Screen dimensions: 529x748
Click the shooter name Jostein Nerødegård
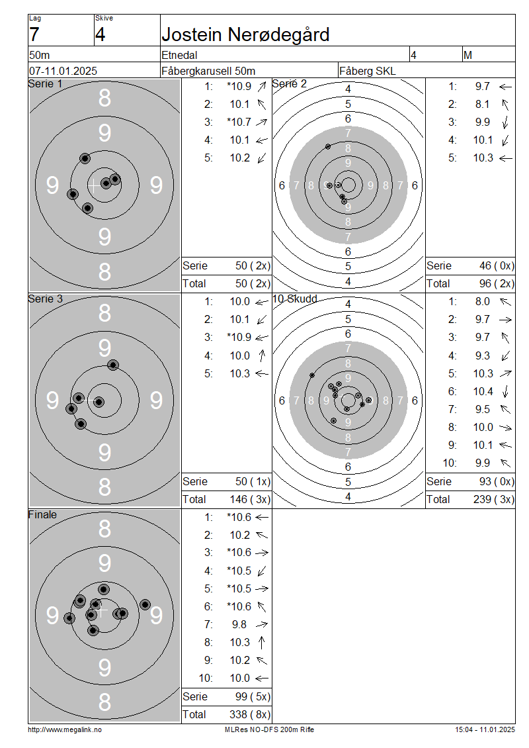pyautogui.click(x=245, y=35)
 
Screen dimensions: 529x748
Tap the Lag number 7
pyautogui.click(x=34, y=35)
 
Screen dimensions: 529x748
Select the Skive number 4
pyautogui.click(x=100, y=35)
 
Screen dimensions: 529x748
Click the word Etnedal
pyautogui.click(x=179, y=55)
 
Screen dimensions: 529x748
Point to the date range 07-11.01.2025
pyautogui.click(x=63, y=71)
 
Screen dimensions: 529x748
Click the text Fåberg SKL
pyautogui.click(x=368, y=71)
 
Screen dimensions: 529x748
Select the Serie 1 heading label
pyautogui.click(x=45, y=84)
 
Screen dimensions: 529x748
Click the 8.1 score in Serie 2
pyautogui.click(x=482, y=104)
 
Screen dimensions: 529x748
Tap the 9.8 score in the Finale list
pyautogui.click(x=239, y=624)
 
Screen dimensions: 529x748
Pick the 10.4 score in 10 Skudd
pyautogui.click(x=483, y=392)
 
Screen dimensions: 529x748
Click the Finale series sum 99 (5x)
pyautogui.click(x=253, y=696)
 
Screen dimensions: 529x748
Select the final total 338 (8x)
pyautogui.click(x=250, y=715)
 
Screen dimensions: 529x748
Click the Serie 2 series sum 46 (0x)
pyautogui.click(x=497, y=265)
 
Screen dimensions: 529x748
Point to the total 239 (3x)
pyautogui.click(x=494, y=500)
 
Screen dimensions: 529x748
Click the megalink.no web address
pyautogui.click(x=65, y=730)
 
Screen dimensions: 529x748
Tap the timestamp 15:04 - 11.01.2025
pyautogui.click(x=485, y=730)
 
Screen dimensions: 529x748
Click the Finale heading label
pyautogui.click(x=42, y=515)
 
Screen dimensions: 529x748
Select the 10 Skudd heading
pyautogui.click(x=294, y=299)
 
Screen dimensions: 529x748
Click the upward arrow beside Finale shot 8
pyautogui.click(x=261, y=643)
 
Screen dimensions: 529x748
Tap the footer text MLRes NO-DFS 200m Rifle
pyautogui.click(x=269, y=730)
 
